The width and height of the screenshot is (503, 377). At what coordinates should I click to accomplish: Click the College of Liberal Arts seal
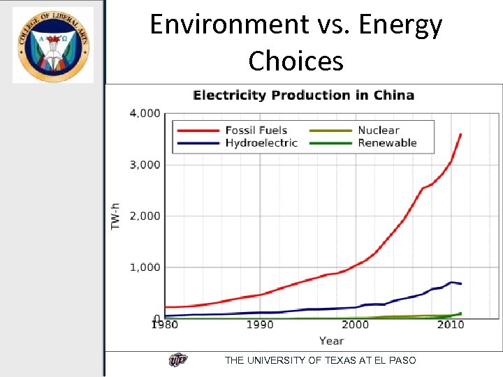[x=53, y=45]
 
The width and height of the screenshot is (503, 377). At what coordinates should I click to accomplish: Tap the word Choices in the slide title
[x=296, y=61]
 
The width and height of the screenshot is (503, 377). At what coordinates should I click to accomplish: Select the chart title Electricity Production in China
[x=303, y=96]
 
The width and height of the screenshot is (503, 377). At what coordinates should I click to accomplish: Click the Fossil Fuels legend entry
[x=256, y=131]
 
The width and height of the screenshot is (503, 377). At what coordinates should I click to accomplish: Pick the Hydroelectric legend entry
[x=261, y=143]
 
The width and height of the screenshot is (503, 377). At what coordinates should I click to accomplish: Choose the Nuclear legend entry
[x=378, y=131]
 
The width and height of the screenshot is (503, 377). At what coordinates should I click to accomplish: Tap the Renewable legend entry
[x=387, y=143]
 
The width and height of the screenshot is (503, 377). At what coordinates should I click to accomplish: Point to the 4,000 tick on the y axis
[x=145, y=113]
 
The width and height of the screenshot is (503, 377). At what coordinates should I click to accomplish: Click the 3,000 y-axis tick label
[x=145, y=165]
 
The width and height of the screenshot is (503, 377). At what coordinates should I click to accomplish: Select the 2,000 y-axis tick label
[x=145, y=216]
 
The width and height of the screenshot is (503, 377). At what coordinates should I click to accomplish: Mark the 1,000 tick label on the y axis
[x=145, y=267]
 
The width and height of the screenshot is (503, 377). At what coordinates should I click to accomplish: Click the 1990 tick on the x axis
[x=260, y=325]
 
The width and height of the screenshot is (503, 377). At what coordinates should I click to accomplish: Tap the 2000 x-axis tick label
[x=355, y=325]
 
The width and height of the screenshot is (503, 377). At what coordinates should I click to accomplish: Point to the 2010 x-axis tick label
[x=451, y=325]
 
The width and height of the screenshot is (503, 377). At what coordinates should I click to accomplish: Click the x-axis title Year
[x=331, y=341]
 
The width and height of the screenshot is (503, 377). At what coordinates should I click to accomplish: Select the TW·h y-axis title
[x=115, y=215]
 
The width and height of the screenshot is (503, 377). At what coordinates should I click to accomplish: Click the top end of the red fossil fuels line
[x=460, y=134]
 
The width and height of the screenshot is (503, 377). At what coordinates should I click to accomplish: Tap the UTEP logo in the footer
[x=178, y=360]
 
